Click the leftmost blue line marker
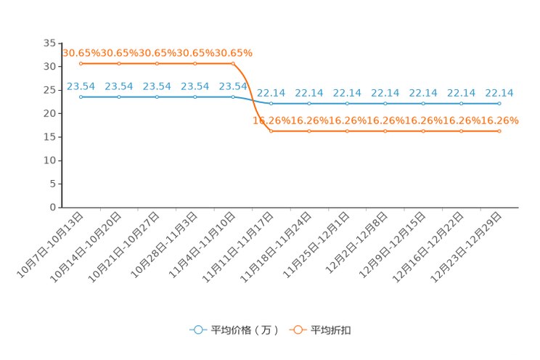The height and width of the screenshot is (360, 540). click(x=81, y=97)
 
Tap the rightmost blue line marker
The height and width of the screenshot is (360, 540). click(x=499, y=104)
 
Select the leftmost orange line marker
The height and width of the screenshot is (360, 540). click(x=81, y=63)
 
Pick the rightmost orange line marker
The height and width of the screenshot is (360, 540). click(x=499, y=131)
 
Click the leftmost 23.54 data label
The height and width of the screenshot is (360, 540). click(x=81, y=86)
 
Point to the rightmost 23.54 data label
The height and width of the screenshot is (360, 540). click(x=232, y=86)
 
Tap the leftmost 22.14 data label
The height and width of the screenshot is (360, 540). click(x=271, y=93)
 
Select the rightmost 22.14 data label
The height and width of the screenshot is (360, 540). click(x=499, y=93)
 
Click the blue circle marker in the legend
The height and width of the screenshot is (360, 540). click(x=197, y=330)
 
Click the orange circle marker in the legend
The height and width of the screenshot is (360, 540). click(x=298, y=330)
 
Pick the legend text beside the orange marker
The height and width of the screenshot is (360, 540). click(x=332, y=330)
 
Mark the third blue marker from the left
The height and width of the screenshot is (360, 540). click(x=157, y=97)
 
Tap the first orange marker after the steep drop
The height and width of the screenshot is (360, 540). click(x=271, y=131)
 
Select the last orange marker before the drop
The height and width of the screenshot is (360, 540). click(x=232, y=63)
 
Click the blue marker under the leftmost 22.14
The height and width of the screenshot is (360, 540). click(x=271, y=104)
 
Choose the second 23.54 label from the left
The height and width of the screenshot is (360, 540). click(x=118, y=86)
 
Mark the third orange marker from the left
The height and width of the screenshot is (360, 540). click(x=157, y=63)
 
